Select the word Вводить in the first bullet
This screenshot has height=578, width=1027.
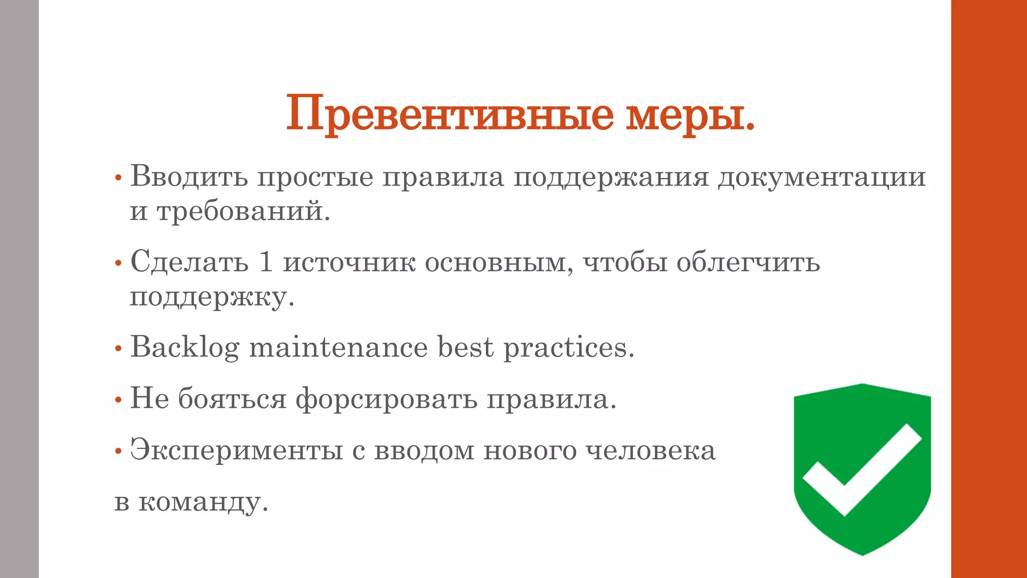tap(189, 177)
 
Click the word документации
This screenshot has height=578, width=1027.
tap(821, 177)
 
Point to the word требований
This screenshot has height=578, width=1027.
tap(243, 211)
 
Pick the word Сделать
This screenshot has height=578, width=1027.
tap(189, 262)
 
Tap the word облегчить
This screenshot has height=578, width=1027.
tap(748, 262)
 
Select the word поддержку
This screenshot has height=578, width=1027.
tap(212, 297)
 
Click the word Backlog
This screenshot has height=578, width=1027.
tap(185, 347)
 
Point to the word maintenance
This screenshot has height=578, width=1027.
tap(338, 347)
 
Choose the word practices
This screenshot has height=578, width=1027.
tap(569, 347)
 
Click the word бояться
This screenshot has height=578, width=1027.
tap(232, 399)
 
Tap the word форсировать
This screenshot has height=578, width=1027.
tap(386, 399)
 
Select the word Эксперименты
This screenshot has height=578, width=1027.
tap(236, 450)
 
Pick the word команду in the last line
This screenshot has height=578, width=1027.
tap(203, 502)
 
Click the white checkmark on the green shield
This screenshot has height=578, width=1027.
tap(862, 472)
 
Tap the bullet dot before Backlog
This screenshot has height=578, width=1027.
tap(118, 348)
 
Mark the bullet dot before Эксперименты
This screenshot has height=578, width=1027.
tap(118, 451)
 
